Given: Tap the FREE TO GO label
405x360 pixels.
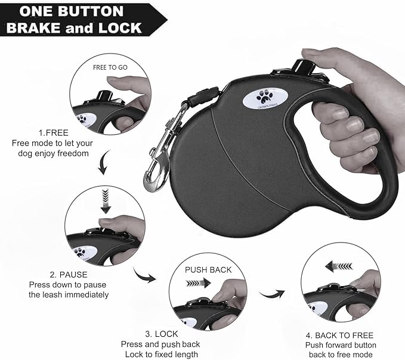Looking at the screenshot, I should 110,67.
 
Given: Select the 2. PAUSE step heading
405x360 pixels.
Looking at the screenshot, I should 69,275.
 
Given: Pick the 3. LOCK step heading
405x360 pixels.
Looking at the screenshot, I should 160,334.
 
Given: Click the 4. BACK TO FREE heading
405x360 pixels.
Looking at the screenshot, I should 341,335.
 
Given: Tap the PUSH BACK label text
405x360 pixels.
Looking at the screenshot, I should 208,270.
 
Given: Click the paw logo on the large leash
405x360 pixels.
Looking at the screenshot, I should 263,98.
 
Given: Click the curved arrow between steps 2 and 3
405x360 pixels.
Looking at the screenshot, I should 145,275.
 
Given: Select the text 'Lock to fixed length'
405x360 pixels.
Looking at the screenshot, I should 160,354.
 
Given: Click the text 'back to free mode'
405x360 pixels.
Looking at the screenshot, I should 341,355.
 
